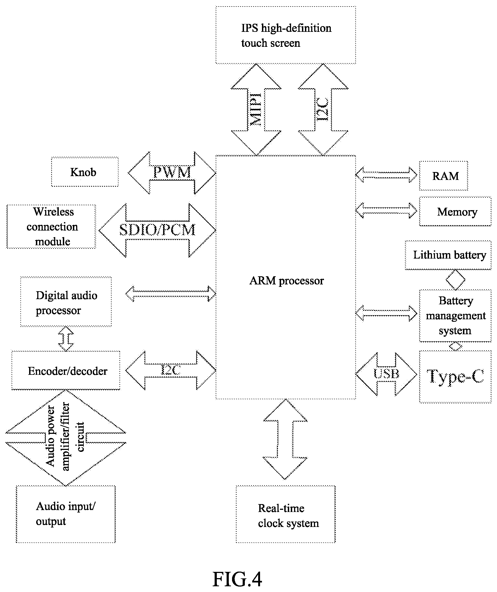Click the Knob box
(85, 172)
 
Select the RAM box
(443, 176)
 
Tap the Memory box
(455, 211)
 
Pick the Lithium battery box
(448, 255)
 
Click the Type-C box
(455, 377)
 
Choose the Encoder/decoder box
(66, 370)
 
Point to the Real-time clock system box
(286, 514)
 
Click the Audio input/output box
(66, 514)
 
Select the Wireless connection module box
(51, 227)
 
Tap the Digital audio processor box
(66, 302)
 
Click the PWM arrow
(172, 173)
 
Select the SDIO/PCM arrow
(157, 230)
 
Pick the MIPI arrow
(256, 109)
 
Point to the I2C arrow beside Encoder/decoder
(171, 370)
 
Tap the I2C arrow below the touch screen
(323, 109)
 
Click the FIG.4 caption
(237, 579)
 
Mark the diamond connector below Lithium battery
(455, 280)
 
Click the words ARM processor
(286, 281)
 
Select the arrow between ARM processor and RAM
(386, 174)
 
